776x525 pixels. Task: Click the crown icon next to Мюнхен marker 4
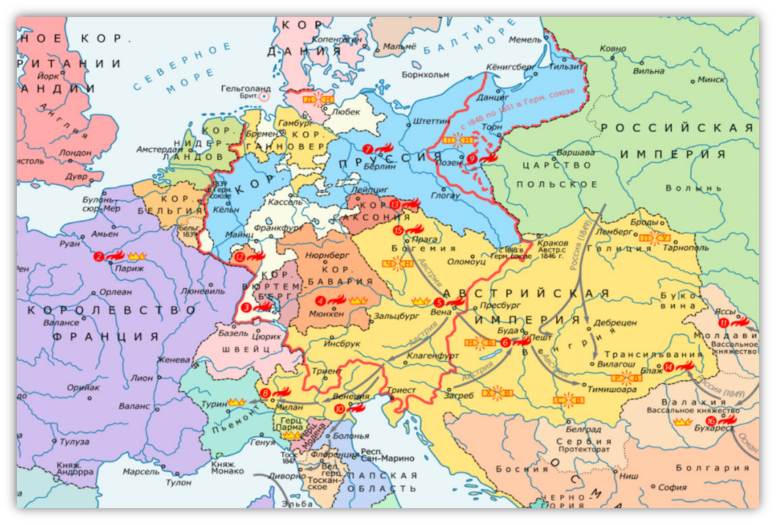click(358, 301)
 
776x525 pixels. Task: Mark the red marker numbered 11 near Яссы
click(724, 323)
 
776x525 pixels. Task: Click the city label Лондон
click(77, 153)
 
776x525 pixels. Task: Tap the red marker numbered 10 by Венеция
click(339, 409)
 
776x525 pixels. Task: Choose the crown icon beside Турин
click(236, 402)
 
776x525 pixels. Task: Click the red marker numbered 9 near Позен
click(472, 158)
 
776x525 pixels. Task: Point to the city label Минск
click(711, 79)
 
